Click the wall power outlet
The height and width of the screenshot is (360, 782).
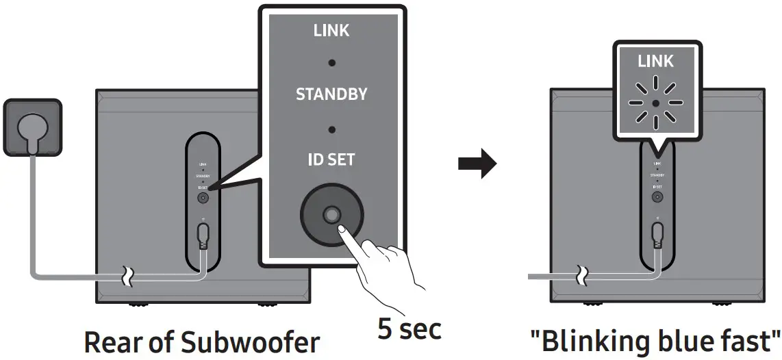click(32, 128)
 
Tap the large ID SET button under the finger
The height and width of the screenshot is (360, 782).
click(331, 215)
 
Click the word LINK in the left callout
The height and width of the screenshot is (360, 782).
click(331, 31)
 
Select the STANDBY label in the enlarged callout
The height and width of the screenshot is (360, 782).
click(331, 94)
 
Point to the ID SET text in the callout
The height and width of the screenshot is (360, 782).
click(331, 159)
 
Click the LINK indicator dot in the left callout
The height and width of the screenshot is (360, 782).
click(331, 62)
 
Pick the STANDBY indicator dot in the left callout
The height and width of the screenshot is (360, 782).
click(331, 128)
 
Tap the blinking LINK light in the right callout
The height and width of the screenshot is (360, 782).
click(656, 103)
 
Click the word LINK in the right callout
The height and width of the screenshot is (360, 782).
click(656, 62)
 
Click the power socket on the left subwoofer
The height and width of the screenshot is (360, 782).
click(203, 233)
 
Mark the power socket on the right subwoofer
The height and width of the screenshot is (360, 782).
click(657, 233)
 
